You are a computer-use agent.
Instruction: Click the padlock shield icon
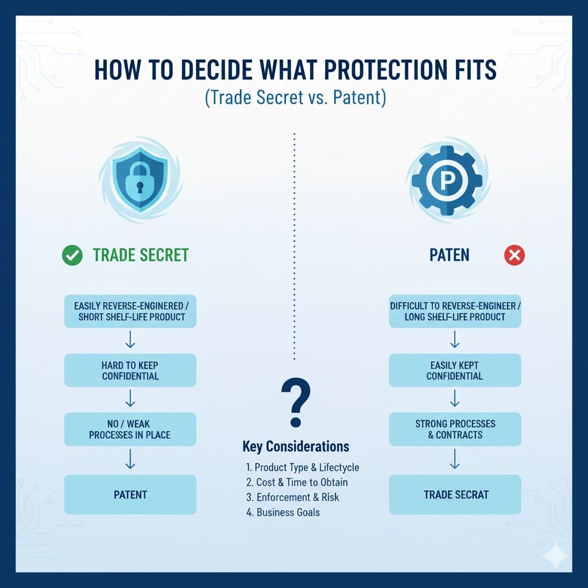[140, 181]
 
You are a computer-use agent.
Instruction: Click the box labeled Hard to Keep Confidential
[130, 370]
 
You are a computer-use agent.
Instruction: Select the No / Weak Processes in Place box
[130, 429]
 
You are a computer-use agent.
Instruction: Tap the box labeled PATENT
[130, 494]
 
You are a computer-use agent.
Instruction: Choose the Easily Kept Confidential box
[455, 370]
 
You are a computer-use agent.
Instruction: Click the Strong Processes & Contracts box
[455, 429]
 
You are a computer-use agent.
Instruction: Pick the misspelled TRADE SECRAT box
[455, 494]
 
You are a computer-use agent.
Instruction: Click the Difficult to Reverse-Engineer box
[455, 311]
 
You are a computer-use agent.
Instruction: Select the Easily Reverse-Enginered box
[130, 311]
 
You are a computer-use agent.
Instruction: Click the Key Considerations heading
[295, 446]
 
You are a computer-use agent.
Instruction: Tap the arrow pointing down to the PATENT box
[130, 459]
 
